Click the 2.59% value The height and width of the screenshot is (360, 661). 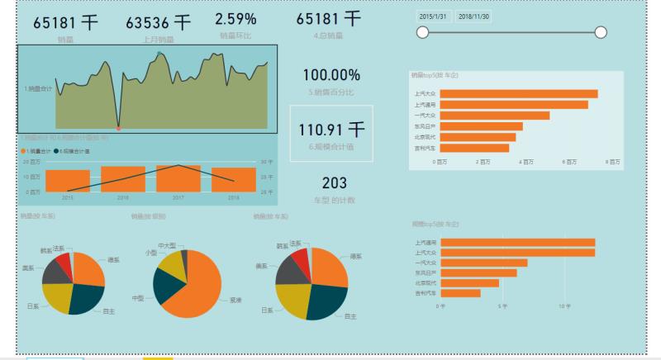click(x=235, y=18)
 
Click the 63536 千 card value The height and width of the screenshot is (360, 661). click(x=158, y=21)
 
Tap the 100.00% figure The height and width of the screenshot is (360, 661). click(x=330, y=75)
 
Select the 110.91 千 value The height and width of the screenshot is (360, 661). click(x=331, y=130)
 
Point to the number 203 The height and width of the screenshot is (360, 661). click(x=334, y=183)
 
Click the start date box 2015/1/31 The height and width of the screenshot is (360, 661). click(x=433, y=16)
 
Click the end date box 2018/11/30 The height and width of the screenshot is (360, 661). click(x=473, y=16)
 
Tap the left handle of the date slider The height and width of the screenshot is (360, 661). click(x=423, y=32)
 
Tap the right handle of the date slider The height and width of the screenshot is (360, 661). click(x=601, y=32)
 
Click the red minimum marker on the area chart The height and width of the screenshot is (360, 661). click(x=119, y=129)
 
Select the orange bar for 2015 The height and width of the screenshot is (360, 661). click(x=68, y=181)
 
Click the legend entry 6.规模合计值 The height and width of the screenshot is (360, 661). click(x=74, y=151)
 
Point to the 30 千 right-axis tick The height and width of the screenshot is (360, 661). click(x=266, y=162)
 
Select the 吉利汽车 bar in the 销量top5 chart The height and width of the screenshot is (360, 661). click(x=474, y=148)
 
